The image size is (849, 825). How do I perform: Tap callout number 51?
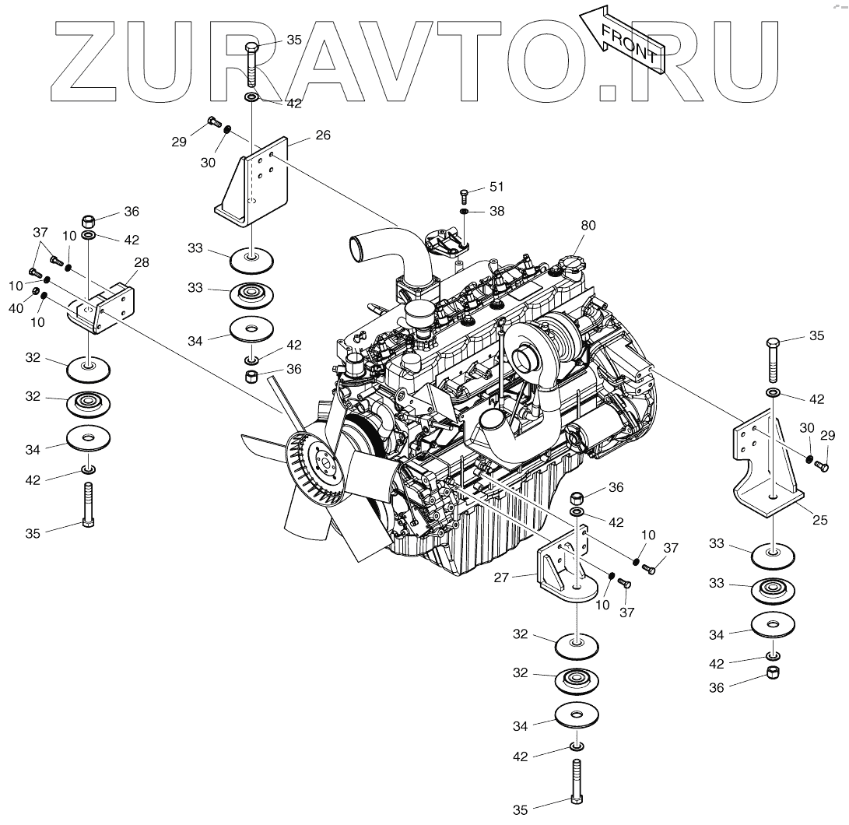point(496,187)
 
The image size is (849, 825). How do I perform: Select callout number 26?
point(323,135)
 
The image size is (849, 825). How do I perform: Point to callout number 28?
point(142,262)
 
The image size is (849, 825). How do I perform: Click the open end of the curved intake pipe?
point(360,251)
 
